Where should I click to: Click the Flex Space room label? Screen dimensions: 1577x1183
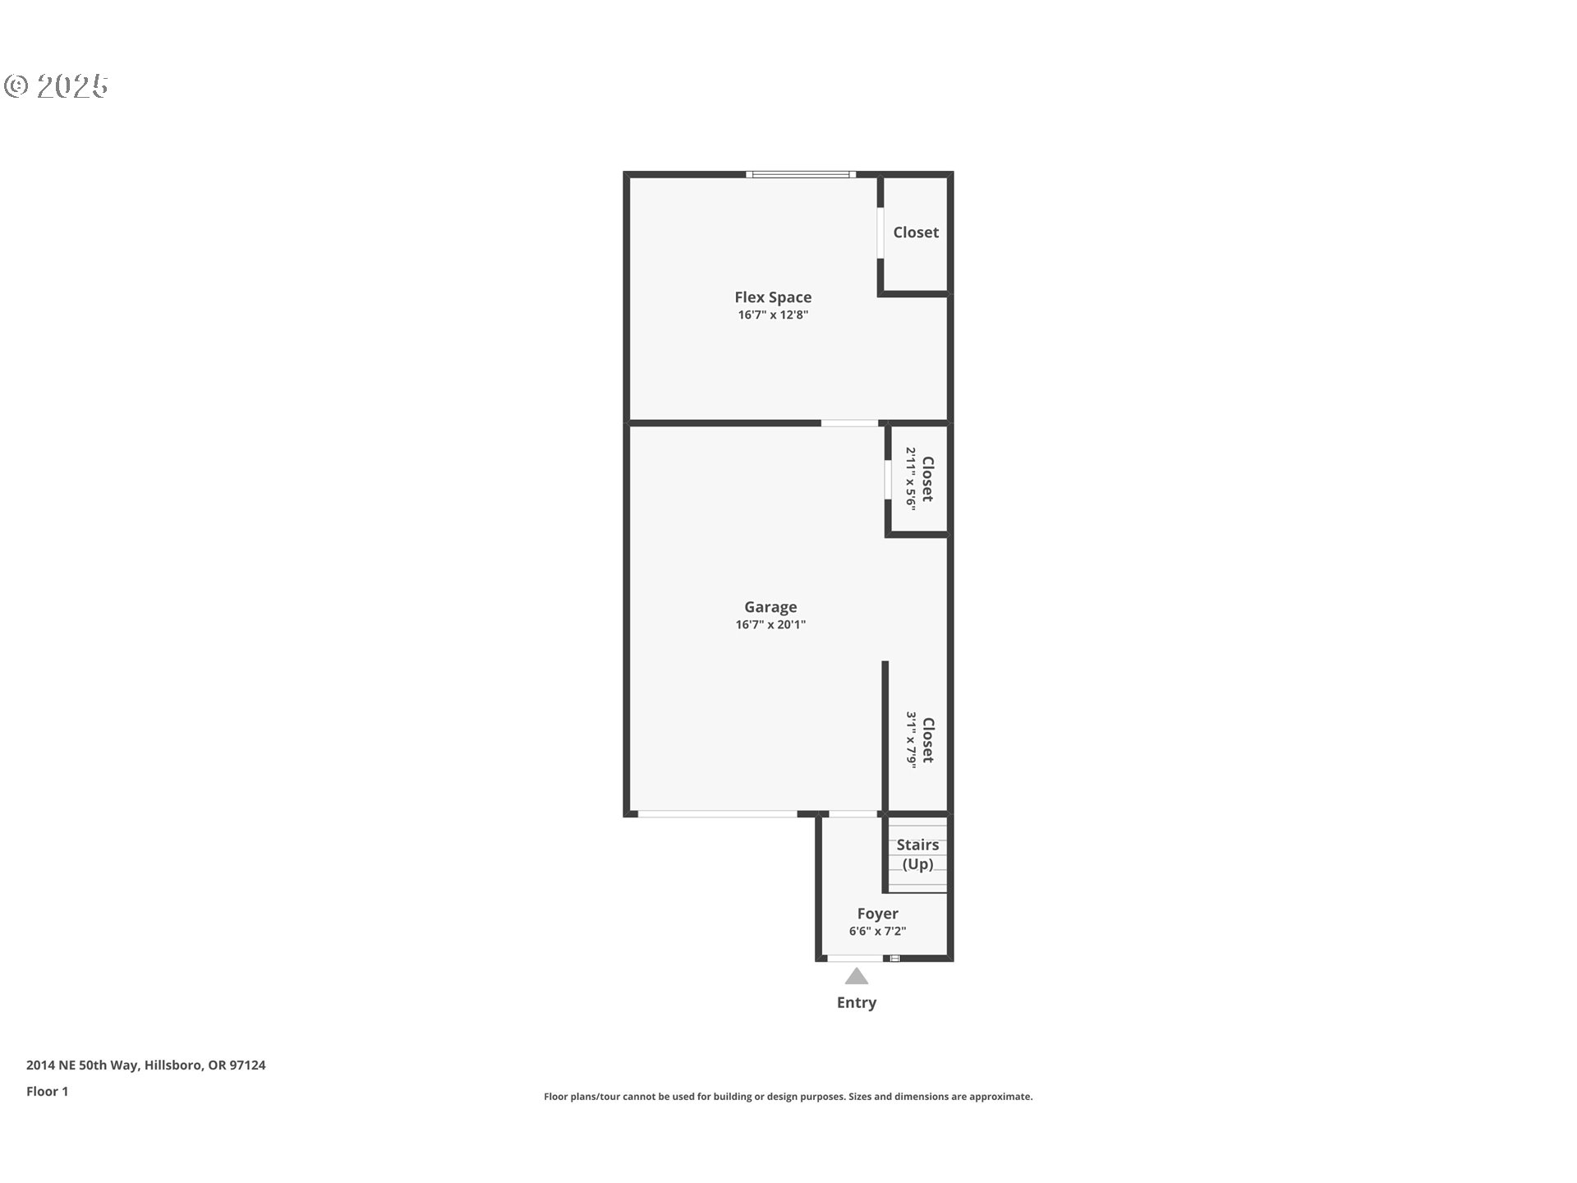773,297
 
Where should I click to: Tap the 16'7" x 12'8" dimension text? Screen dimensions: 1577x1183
773,315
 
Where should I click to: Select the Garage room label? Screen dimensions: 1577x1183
770,607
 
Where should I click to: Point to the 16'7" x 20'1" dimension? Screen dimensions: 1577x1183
770,624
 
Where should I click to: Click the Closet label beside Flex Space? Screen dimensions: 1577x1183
916,232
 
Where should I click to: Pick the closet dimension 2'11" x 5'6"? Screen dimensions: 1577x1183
911,479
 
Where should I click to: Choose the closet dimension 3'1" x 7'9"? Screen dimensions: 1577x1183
911,739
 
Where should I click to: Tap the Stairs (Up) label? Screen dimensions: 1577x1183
917,854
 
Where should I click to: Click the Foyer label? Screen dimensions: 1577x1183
877,914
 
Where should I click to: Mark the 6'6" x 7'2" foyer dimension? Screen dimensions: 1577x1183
877,931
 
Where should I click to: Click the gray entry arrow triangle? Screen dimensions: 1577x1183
857,976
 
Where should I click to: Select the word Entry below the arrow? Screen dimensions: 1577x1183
857,1002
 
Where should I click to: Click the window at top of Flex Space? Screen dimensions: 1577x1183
801,174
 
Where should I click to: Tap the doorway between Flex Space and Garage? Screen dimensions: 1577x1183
849,423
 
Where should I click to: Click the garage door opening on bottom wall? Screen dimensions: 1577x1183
717,814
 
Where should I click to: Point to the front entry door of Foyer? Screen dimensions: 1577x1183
855,958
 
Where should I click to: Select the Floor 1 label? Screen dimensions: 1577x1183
47,1092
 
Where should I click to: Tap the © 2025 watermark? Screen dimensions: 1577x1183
57,86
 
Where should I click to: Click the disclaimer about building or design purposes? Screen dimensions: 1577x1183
788,1097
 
